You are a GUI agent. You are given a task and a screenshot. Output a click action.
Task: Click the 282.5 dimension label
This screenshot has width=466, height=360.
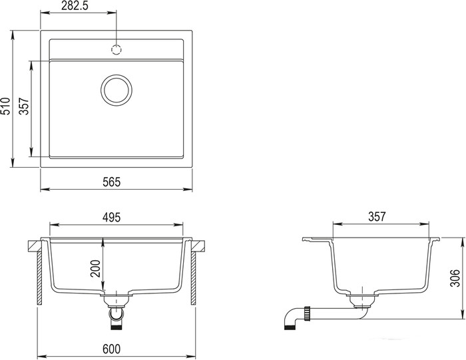[x=75, y=6]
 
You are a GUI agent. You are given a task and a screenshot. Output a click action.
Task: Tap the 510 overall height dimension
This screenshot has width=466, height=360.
[x=6, y=106]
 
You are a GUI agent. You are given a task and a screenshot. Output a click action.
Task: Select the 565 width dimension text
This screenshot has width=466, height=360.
[x=112, y=182]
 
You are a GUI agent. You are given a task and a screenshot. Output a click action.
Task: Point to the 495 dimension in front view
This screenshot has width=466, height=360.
[x=111, y=218]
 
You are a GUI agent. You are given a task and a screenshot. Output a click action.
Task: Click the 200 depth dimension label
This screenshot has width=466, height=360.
[x=96, y=268]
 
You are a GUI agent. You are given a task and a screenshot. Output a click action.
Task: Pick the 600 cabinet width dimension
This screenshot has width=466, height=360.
[x=112, y=349]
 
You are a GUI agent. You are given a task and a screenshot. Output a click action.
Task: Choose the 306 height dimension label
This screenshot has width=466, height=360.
[x=455, y=278]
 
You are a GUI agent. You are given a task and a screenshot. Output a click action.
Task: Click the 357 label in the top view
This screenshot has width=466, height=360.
[x=24, y=106]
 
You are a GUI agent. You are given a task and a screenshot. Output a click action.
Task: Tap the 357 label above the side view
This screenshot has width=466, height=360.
[x=377, y=216]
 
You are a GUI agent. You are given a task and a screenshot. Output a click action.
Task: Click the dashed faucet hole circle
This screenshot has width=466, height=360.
[x=116, y=50]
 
